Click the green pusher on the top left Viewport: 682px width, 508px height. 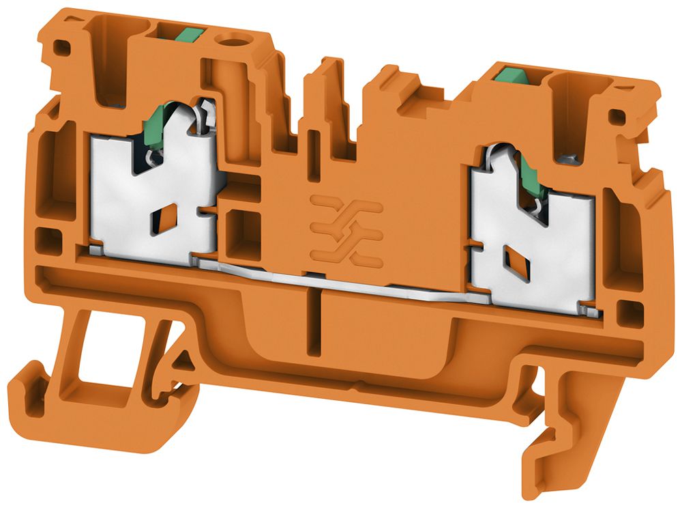coord(188,32)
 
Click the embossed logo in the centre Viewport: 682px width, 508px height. coord(345,229)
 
